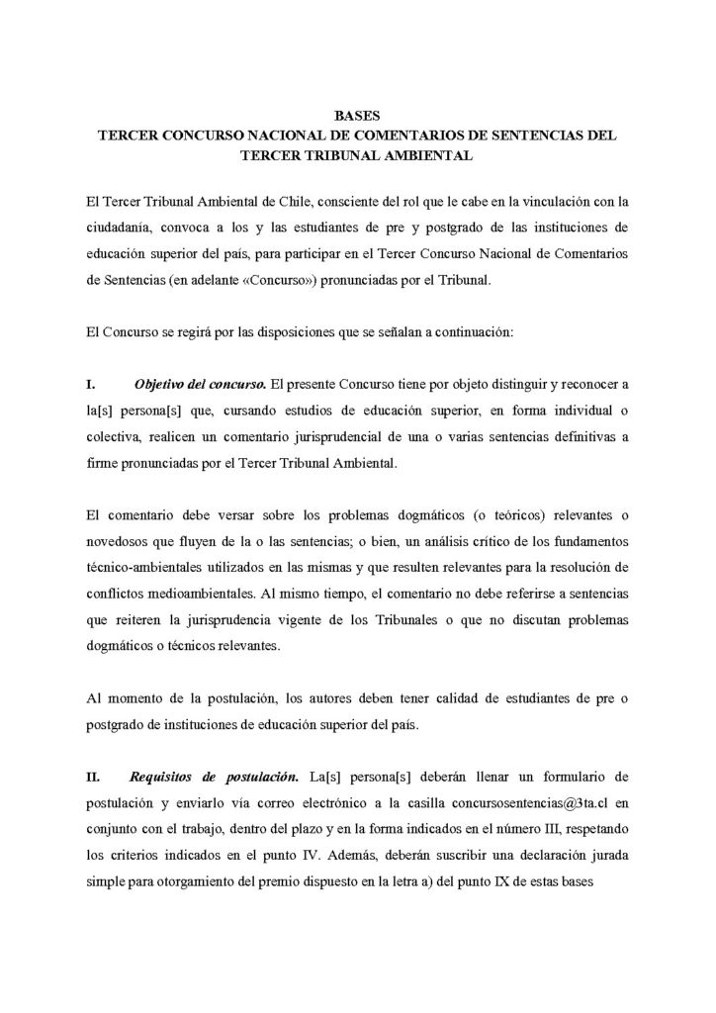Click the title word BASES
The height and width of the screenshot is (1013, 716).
[358, 116]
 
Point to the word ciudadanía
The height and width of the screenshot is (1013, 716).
[120, 228]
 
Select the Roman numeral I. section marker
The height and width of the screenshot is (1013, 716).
[91, 382]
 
